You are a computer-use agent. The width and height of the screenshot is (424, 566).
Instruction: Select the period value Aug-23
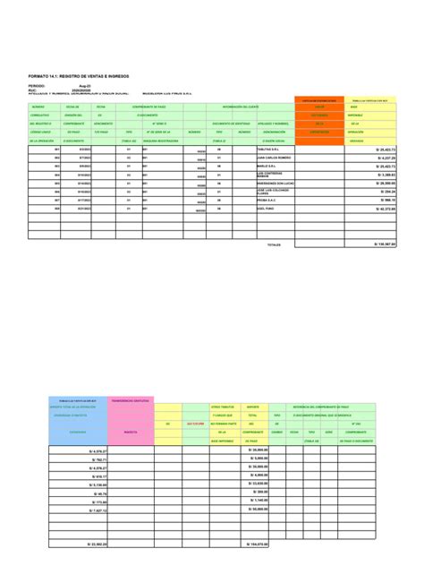pos(85,87)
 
